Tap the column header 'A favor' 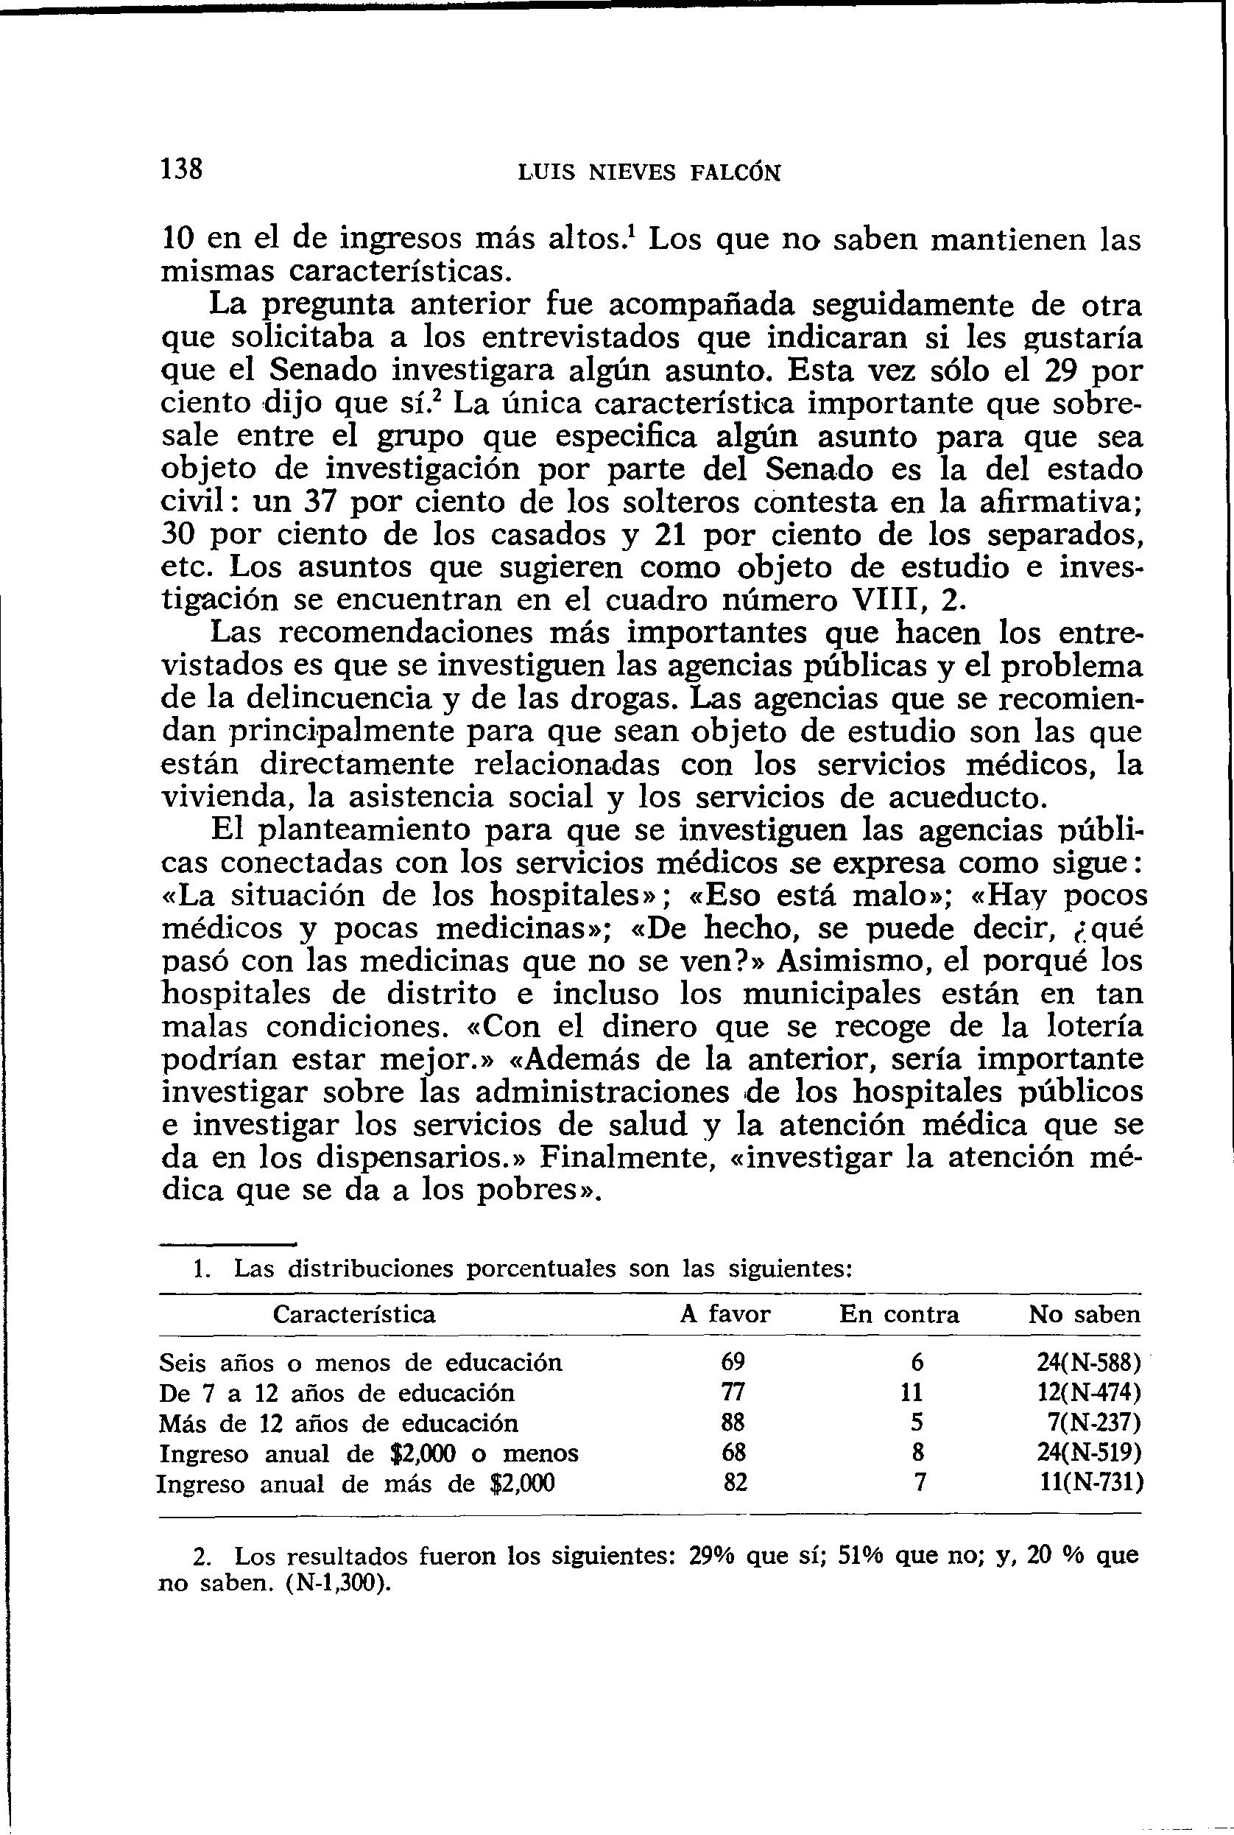tap(724, 1314)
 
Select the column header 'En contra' tap(899, 1314)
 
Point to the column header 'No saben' tap(1084, 1314)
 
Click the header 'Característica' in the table tap(354, 1314)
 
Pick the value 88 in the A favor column tap(733, 1422)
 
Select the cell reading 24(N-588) tap(1088, 1363)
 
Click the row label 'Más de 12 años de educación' tap(339, 1422)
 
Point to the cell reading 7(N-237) tap(1099, 1422)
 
